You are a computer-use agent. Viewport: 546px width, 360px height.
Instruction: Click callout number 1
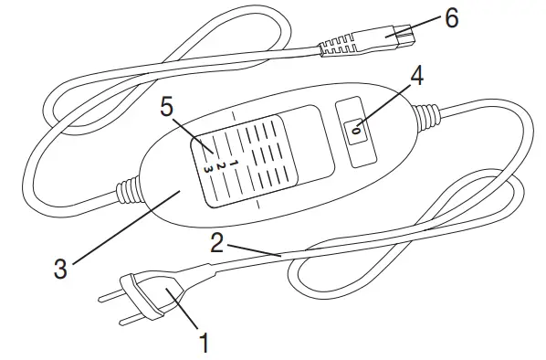coord(204,343)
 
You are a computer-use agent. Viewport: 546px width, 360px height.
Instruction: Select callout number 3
coord(59,269)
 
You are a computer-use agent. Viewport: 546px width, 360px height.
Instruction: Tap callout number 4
coord(416,77)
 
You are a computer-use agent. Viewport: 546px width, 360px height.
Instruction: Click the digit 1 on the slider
coord(234,162)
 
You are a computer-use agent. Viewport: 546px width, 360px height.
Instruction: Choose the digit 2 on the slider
coord(220,165)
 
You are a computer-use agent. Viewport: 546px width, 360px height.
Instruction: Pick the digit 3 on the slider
coord(207,169)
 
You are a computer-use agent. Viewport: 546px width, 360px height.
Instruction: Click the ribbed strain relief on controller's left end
coord(127,193)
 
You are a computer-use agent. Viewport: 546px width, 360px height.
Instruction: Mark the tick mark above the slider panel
coord(235,116)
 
